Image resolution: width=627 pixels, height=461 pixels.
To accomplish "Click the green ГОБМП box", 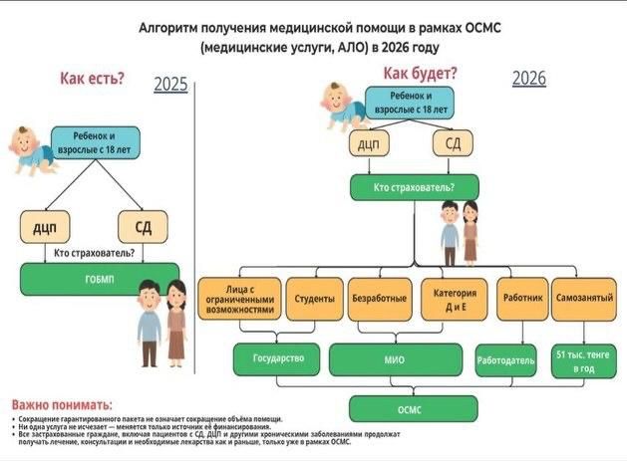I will (98, 279).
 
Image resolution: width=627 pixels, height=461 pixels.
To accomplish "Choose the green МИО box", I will (395, 358).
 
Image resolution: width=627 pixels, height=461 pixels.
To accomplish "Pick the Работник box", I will (522, 298).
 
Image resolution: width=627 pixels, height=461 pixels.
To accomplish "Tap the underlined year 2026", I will (529, 79).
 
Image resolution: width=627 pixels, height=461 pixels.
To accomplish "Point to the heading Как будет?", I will (421, 74).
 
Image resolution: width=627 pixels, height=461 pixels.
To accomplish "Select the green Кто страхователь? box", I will (413, 187).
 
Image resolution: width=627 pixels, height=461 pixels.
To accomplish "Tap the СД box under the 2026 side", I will (454, 144).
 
